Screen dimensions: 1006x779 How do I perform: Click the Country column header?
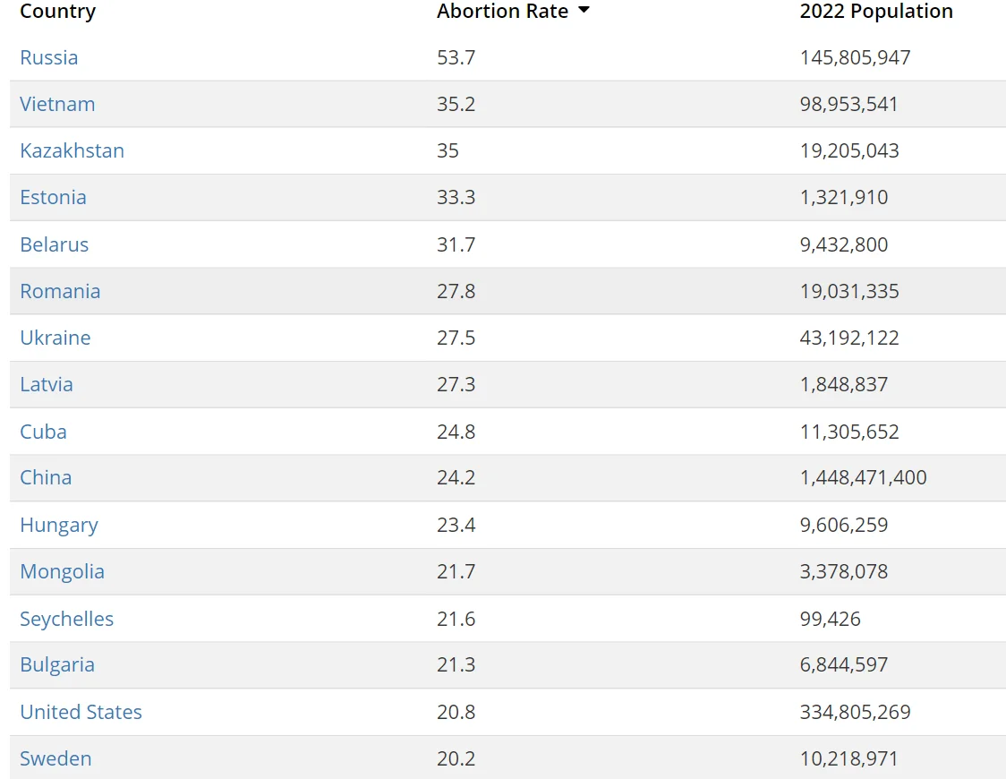point(58,12)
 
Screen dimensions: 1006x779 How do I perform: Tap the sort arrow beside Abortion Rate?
point(584,10)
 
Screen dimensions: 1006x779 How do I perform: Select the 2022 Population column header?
point(875,12)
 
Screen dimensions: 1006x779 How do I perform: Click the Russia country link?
point(48,57)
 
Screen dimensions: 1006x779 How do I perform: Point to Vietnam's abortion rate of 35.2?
point(456,104)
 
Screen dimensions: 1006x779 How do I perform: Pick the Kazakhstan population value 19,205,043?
point(849,150)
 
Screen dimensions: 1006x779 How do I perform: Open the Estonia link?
point(53,197)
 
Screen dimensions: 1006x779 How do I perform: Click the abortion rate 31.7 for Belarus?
point(456,244)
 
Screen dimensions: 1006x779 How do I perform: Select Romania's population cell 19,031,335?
point(849,291)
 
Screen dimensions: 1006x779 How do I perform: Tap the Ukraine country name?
point(55,338)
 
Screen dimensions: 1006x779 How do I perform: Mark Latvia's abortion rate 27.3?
point(456,384)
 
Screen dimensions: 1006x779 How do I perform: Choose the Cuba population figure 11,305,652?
point(849,432)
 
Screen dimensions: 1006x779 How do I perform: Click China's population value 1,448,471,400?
point(863,477)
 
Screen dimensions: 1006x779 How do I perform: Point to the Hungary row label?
point(59,526)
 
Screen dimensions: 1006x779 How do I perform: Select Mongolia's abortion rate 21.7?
point(456,571)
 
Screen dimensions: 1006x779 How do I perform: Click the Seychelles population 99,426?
point(831,619)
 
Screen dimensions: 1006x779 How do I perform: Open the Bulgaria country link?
point(57,665)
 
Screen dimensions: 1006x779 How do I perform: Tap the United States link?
point(81,712)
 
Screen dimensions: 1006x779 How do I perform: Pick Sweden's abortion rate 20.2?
point(456,758)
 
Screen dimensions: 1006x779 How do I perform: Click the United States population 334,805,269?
point(856,712)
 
